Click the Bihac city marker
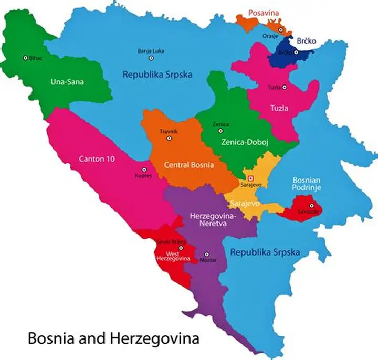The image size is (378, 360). (x=25, y=58)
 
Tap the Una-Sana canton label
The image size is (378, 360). (x=67, y=82)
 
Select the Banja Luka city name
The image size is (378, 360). (x=151, y=51)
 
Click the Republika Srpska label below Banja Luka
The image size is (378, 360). (x=157, y=75)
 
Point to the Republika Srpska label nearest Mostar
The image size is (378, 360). (x=265, y=252)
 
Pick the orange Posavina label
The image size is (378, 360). (x=264, y=13)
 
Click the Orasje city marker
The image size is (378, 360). (x=281, y=30)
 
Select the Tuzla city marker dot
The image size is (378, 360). (x=286, y=87)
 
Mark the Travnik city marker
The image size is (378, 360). (x=169, y=139)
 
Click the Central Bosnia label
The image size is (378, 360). (x=189, y=165)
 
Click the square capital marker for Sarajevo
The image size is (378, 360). (x=250, y=178)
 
